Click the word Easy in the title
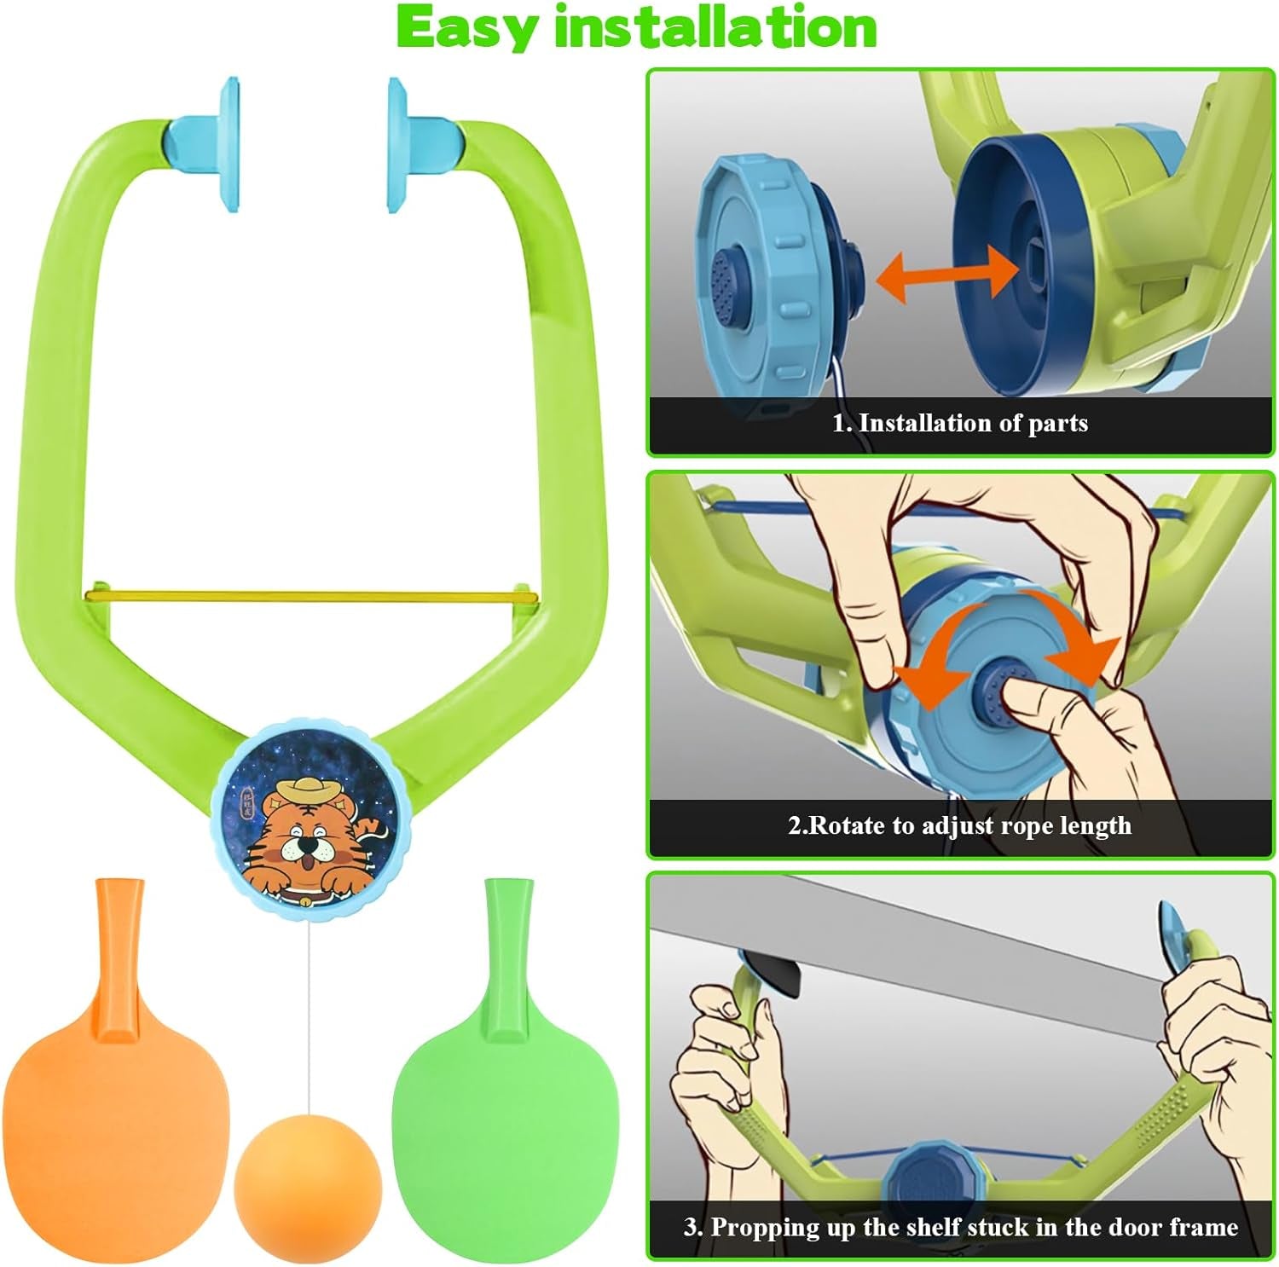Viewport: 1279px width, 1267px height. [466, 28]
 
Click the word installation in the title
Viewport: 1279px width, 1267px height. [715, 28]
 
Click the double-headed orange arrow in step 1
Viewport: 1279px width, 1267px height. [947, 278]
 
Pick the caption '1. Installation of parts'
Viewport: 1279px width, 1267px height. [959, 424]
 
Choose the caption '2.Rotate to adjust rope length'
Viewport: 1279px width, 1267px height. [959, 825]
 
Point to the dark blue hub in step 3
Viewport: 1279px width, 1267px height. [927, 1176]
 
